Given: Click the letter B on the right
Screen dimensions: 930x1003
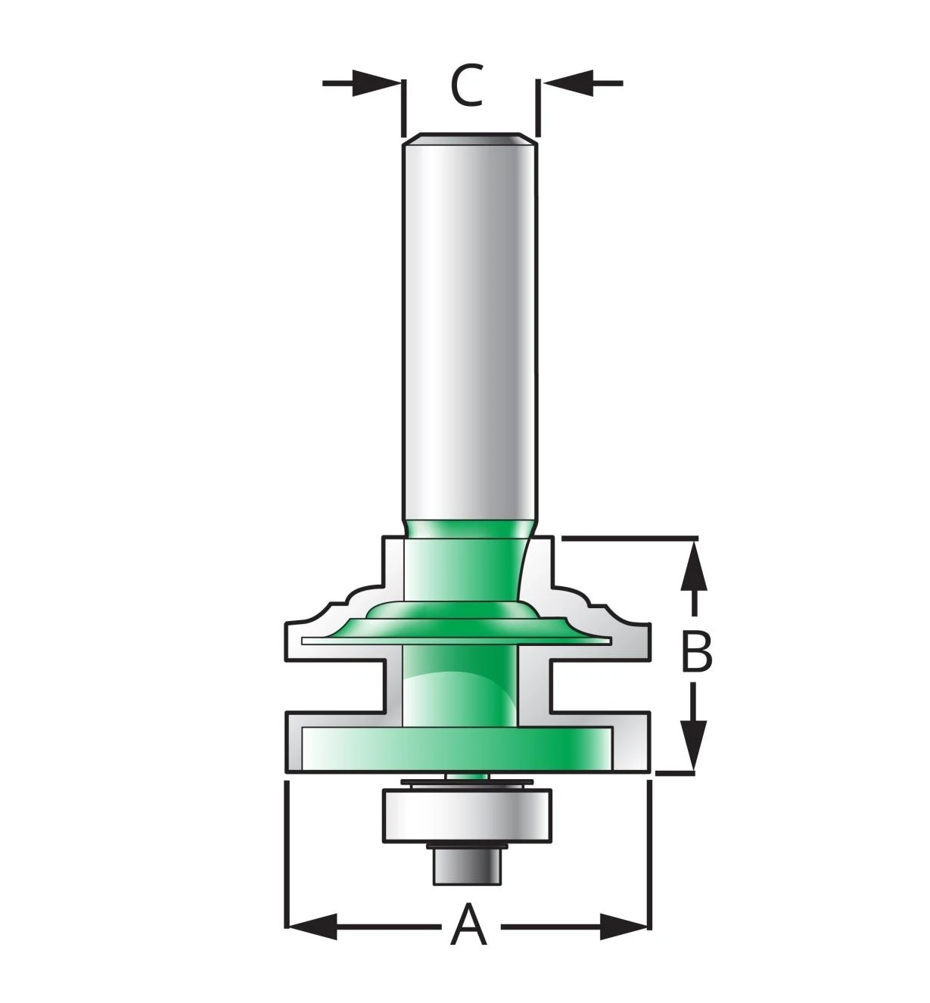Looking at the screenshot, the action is [x=696, y=651].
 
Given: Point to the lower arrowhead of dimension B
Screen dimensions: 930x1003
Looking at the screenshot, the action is [x=693, y=745].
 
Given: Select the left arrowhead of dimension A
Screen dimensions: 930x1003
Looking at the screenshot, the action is [x=312, y=927].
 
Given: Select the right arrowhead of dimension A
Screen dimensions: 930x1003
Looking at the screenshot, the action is [x=624, y=927].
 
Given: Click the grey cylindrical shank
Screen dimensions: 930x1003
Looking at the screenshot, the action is [x=469, y=328].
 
